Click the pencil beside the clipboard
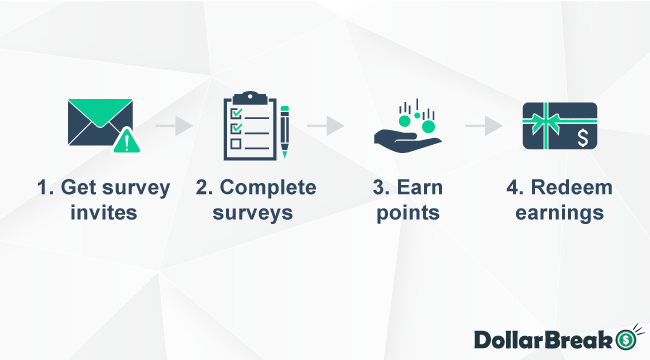pos(284,132)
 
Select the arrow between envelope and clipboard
pos(174,127)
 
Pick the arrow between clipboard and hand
pos(325,127)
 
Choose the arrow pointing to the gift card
pos(483,127)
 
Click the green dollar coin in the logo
pos(627,338)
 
